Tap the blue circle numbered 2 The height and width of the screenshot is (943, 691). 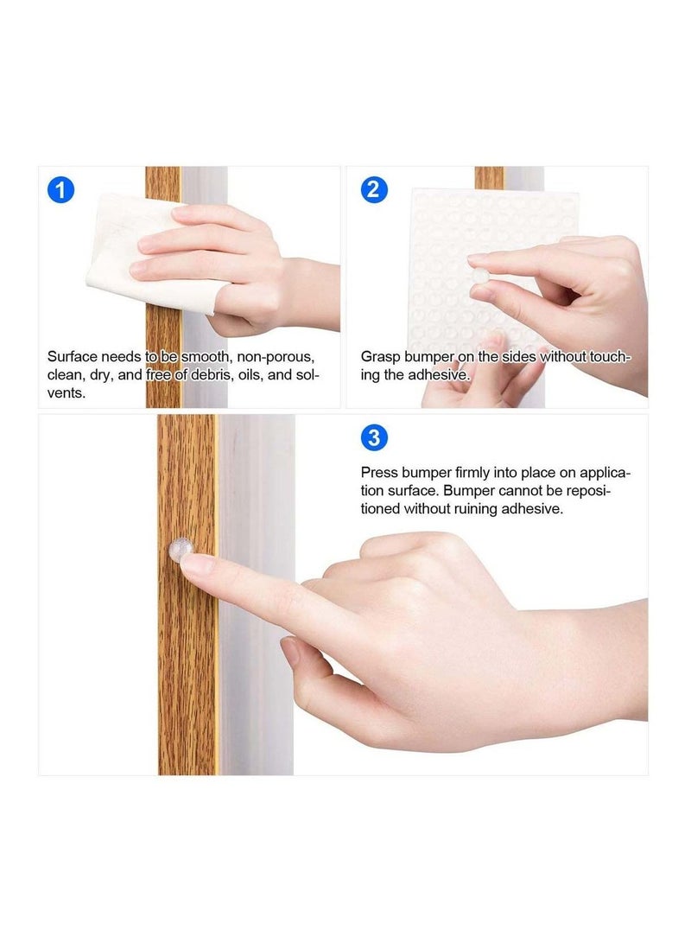[372, 189]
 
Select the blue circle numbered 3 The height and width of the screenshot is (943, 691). [372, 437]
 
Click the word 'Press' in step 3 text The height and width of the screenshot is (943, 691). [379, 473]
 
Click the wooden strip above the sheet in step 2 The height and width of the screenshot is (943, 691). [489, 177]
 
